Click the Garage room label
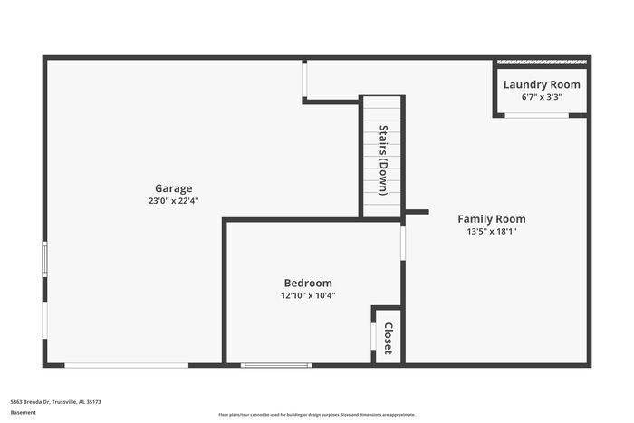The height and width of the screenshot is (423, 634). [173, 188]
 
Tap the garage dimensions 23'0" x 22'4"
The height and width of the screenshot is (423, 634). [173, 201]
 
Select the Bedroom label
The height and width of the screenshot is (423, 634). [308, 283]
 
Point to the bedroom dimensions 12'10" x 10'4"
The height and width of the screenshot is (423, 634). [308, 295]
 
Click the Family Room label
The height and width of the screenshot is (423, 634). [491, 218]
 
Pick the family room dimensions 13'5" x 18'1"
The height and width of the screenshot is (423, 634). [491, 231]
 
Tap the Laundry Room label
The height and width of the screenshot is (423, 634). [542, 84]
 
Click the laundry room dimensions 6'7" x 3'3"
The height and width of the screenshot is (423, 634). [542, 96]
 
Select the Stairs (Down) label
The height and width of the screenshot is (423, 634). [383, 159]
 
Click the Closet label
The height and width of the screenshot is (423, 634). [388, 337]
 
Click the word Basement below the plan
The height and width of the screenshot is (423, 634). [24, 412]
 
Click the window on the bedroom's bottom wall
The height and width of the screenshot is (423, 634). [276, 365]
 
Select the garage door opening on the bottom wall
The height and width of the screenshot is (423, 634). [126, 365]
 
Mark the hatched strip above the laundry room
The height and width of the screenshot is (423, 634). [542, 62]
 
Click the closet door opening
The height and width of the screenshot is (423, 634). [373, 336]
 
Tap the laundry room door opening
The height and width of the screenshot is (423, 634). [536, 115]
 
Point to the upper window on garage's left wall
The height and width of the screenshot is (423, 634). [44, 259]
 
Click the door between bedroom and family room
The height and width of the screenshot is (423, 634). [403, 243]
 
